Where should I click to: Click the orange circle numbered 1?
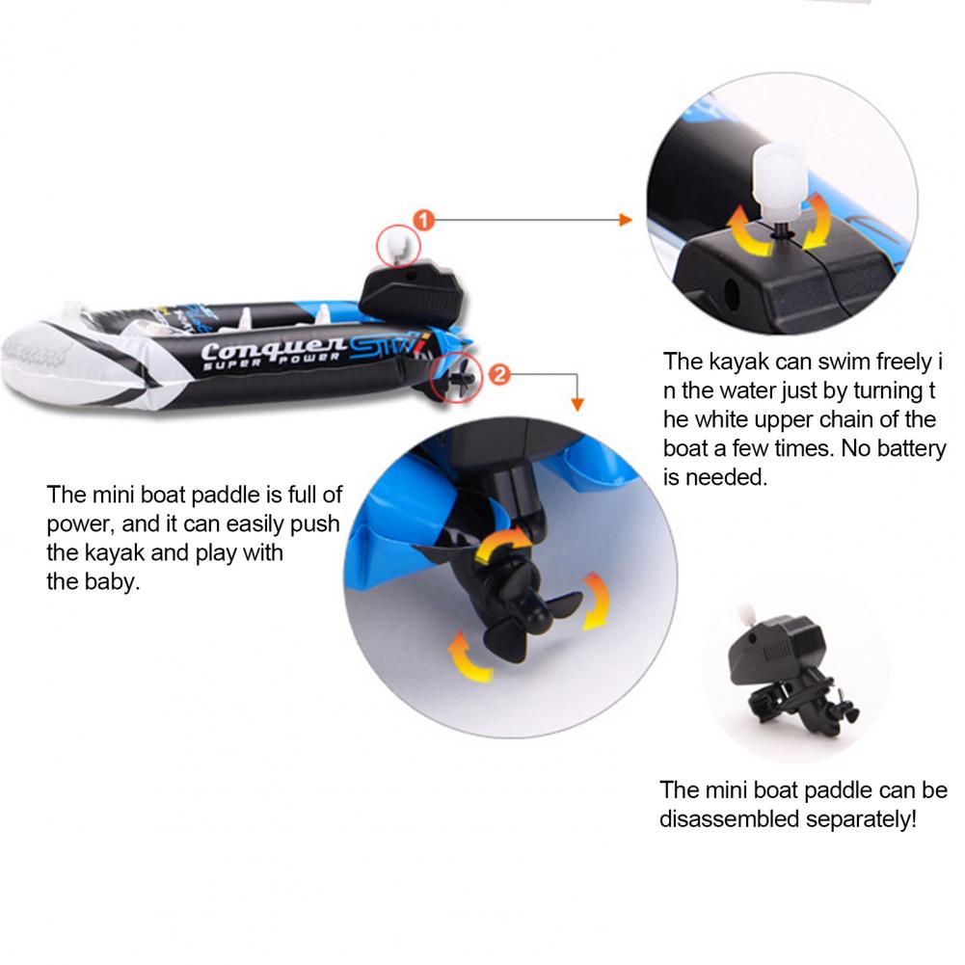[424, 220]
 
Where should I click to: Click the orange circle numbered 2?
[499, 374]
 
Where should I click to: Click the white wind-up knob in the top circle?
[779, 183]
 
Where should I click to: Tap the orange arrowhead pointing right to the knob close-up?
[626, 220]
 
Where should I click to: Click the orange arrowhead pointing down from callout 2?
[576, 404]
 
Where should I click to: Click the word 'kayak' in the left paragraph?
[114, 552]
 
